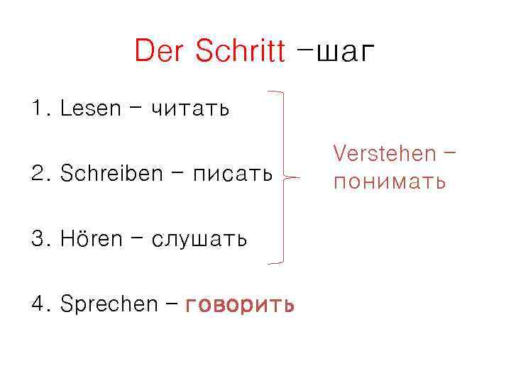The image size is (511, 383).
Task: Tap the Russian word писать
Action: [233, 174]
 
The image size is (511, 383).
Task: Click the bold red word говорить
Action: [240, 305]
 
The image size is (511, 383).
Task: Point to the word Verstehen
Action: [384, 153]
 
